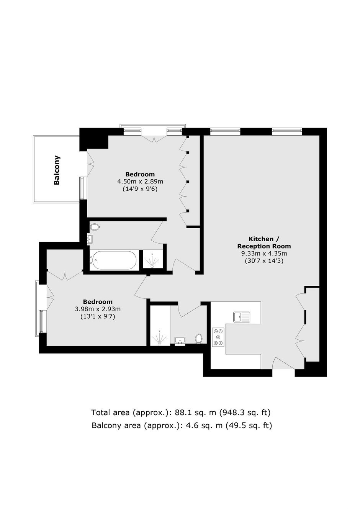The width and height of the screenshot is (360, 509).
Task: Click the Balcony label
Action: (57, 170)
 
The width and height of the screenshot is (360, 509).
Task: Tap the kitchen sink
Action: (241, 317)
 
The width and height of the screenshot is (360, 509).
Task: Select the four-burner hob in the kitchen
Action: (218, 337)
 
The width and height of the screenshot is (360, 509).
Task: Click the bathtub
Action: (113, 260)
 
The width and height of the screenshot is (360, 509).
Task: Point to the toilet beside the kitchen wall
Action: (199, 338)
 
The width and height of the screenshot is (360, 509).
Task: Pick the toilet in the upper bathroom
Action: (95, 227)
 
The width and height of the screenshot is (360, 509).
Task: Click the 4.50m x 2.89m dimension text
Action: (140, 182)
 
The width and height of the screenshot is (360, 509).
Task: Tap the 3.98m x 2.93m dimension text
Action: (98, 309)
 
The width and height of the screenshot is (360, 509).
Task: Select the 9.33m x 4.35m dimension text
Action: (264, 254)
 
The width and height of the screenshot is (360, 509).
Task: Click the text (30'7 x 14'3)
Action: (264, 261)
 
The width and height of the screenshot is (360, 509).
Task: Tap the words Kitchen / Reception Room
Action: (264, 242)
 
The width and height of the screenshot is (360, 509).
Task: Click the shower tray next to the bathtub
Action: (153, 259)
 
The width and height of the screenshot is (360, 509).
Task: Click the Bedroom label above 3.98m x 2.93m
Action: (98, 301)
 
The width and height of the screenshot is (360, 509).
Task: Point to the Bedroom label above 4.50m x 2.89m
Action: (140, 174)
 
